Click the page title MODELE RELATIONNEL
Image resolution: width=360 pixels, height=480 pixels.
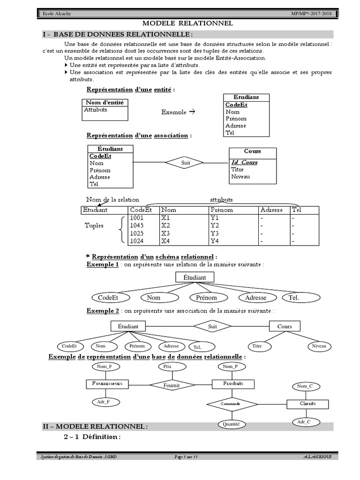pyautogui.click(x=187, y=23)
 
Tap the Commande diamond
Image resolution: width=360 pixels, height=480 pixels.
pyautogui.click(x=232, y=404)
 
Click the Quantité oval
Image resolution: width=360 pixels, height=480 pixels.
pyautogui.click(x=232, y=424)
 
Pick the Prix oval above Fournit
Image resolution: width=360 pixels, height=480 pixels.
pyautogui.click(x=167, y=367)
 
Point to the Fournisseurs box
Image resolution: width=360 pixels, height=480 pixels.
pyautogui.click(x=107, y=383)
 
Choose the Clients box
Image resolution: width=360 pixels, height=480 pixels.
pyautogui.click(x=307, y=404)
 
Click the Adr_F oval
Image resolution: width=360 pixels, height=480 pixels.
pyautogui.click(x=104, y=402)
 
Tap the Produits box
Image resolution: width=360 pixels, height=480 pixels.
pyautogui.click(x=233, y=383)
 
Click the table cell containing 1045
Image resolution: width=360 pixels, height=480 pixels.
pyautogui.click(x=137, y=225)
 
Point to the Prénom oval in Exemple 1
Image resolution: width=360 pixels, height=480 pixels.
pyautogui.click(x=207, y=297)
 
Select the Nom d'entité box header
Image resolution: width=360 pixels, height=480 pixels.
pyautogui.click(x=105, y=103)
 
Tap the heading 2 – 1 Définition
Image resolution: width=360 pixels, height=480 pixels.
pyautogui.click(x=92, y=437)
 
